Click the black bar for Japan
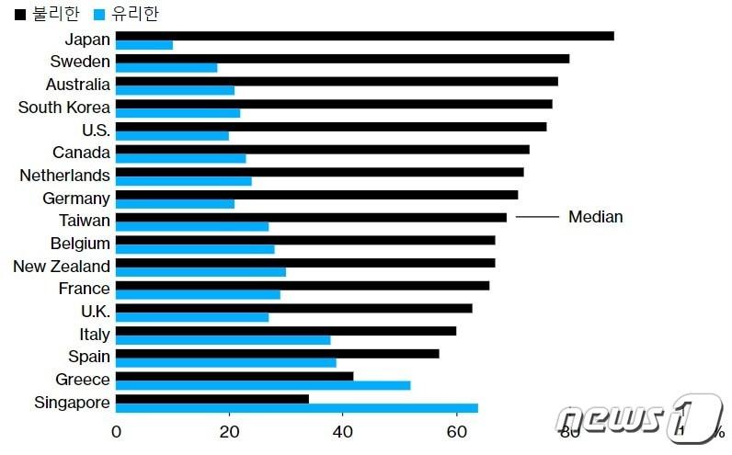pos(365,36)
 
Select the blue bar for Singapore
pos(297,407)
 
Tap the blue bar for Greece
pos(263,385)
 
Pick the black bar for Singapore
pos(212,398)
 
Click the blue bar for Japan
pos(144,45)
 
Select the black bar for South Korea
pos(334,104)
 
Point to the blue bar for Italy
pos(223,339)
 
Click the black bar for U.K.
pos(294,308)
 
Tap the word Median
pos(595,217)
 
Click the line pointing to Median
pos(537,217)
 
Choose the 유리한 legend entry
pos(125,14)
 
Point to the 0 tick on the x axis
pos(117,432)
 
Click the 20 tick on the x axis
pos(229,432)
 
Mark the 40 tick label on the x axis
pos(342,432)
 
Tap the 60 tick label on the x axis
pos(456,432)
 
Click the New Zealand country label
pos(62,267)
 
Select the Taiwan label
pos(85,221)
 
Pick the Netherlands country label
pos(65,176)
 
